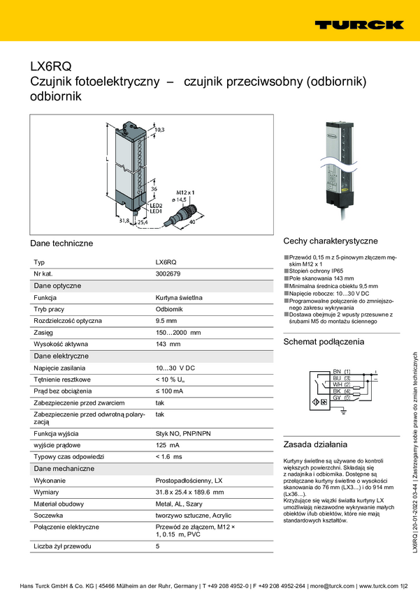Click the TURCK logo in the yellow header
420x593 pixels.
(359, 24)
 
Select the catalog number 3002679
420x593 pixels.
(168, 273)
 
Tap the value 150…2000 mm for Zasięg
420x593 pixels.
(178, 332)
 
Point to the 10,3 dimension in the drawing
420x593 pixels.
(159, 130)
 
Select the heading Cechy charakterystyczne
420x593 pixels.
(331, 240)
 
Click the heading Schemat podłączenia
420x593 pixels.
(324, 342)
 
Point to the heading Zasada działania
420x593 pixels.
(315, 444)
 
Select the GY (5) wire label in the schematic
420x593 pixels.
(342, 397)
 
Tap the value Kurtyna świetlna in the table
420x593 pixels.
(179, 297)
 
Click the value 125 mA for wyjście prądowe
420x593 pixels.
(167, 444)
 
